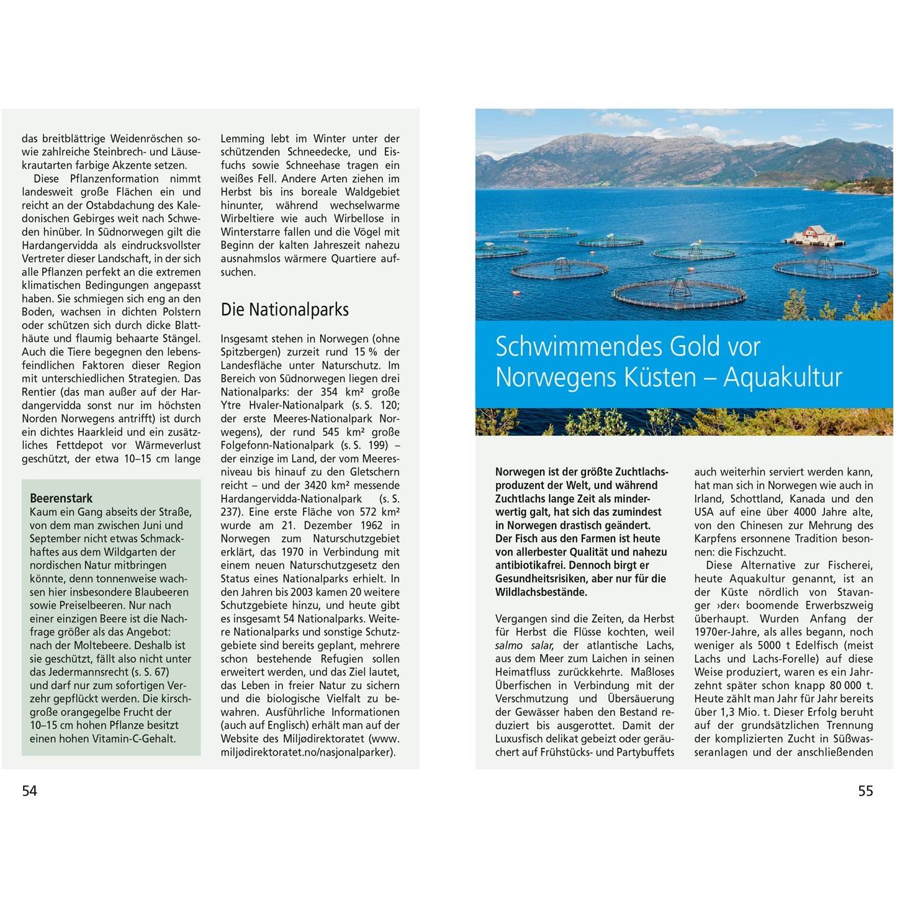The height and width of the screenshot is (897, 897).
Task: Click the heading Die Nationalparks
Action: [x=284, y=309]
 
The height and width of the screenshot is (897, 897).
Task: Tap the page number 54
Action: [x=29, y=790]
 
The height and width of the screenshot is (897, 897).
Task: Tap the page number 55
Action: [x=865, y=790]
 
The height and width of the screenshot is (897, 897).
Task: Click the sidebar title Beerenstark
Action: [x=61, y=498]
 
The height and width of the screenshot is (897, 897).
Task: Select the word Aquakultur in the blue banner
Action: [x=783, y=377]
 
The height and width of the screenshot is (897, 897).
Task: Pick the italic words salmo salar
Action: [x=524, y=646]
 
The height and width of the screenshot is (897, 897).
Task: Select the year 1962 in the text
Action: [x=371, y=525]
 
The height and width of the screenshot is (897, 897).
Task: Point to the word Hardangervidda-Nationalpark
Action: [x=291, y=498]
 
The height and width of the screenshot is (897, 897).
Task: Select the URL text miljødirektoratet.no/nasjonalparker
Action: [x=307, y=752]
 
